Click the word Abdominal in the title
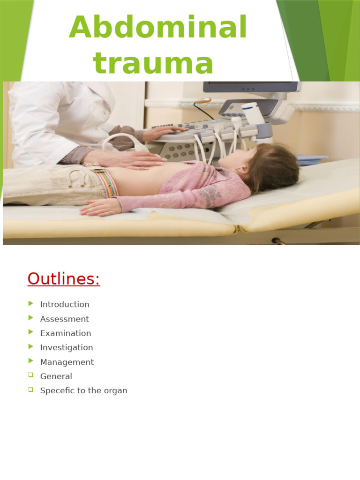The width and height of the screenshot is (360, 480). (x=158, y=28)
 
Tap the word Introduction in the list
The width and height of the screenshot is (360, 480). (x=65, y=304)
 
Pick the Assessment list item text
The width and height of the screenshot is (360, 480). (x=64, y=319)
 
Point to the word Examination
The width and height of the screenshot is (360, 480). (x=66, y=333)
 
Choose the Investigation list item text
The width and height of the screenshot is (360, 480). (x=67, y=347)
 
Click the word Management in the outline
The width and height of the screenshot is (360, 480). (x=67, y=362)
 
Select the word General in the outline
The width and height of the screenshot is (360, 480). (x=56, y=376)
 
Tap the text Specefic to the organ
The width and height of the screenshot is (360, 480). (x=83, y=390)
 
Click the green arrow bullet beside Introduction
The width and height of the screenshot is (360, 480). (x=31, y=303)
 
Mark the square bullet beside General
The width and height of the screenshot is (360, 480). (x=31, y=375)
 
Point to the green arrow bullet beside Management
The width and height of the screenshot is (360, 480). (x=31, y=361)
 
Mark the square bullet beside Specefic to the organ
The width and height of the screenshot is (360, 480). (x=31, y=390)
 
